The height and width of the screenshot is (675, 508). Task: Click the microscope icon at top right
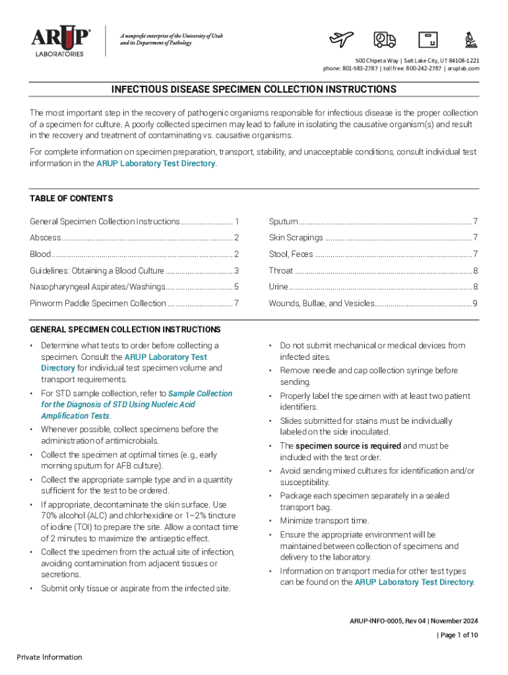471,40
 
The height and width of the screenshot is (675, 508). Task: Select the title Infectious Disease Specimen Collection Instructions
253,89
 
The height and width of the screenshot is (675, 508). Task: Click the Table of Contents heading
71,198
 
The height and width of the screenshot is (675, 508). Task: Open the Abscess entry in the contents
46,237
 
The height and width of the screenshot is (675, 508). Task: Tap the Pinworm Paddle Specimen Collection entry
98,303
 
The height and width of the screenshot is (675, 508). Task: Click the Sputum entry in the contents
283,221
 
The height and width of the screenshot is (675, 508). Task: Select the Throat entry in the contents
281,270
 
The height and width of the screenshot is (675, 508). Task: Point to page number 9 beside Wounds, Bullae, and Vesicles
474,303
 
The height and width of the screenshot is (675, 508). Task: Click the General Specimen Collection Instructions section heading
125,329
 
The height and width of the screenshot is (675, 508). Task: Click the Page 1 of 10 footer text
459,635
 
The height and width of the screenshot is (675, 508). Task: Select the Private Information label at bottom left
49,657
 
